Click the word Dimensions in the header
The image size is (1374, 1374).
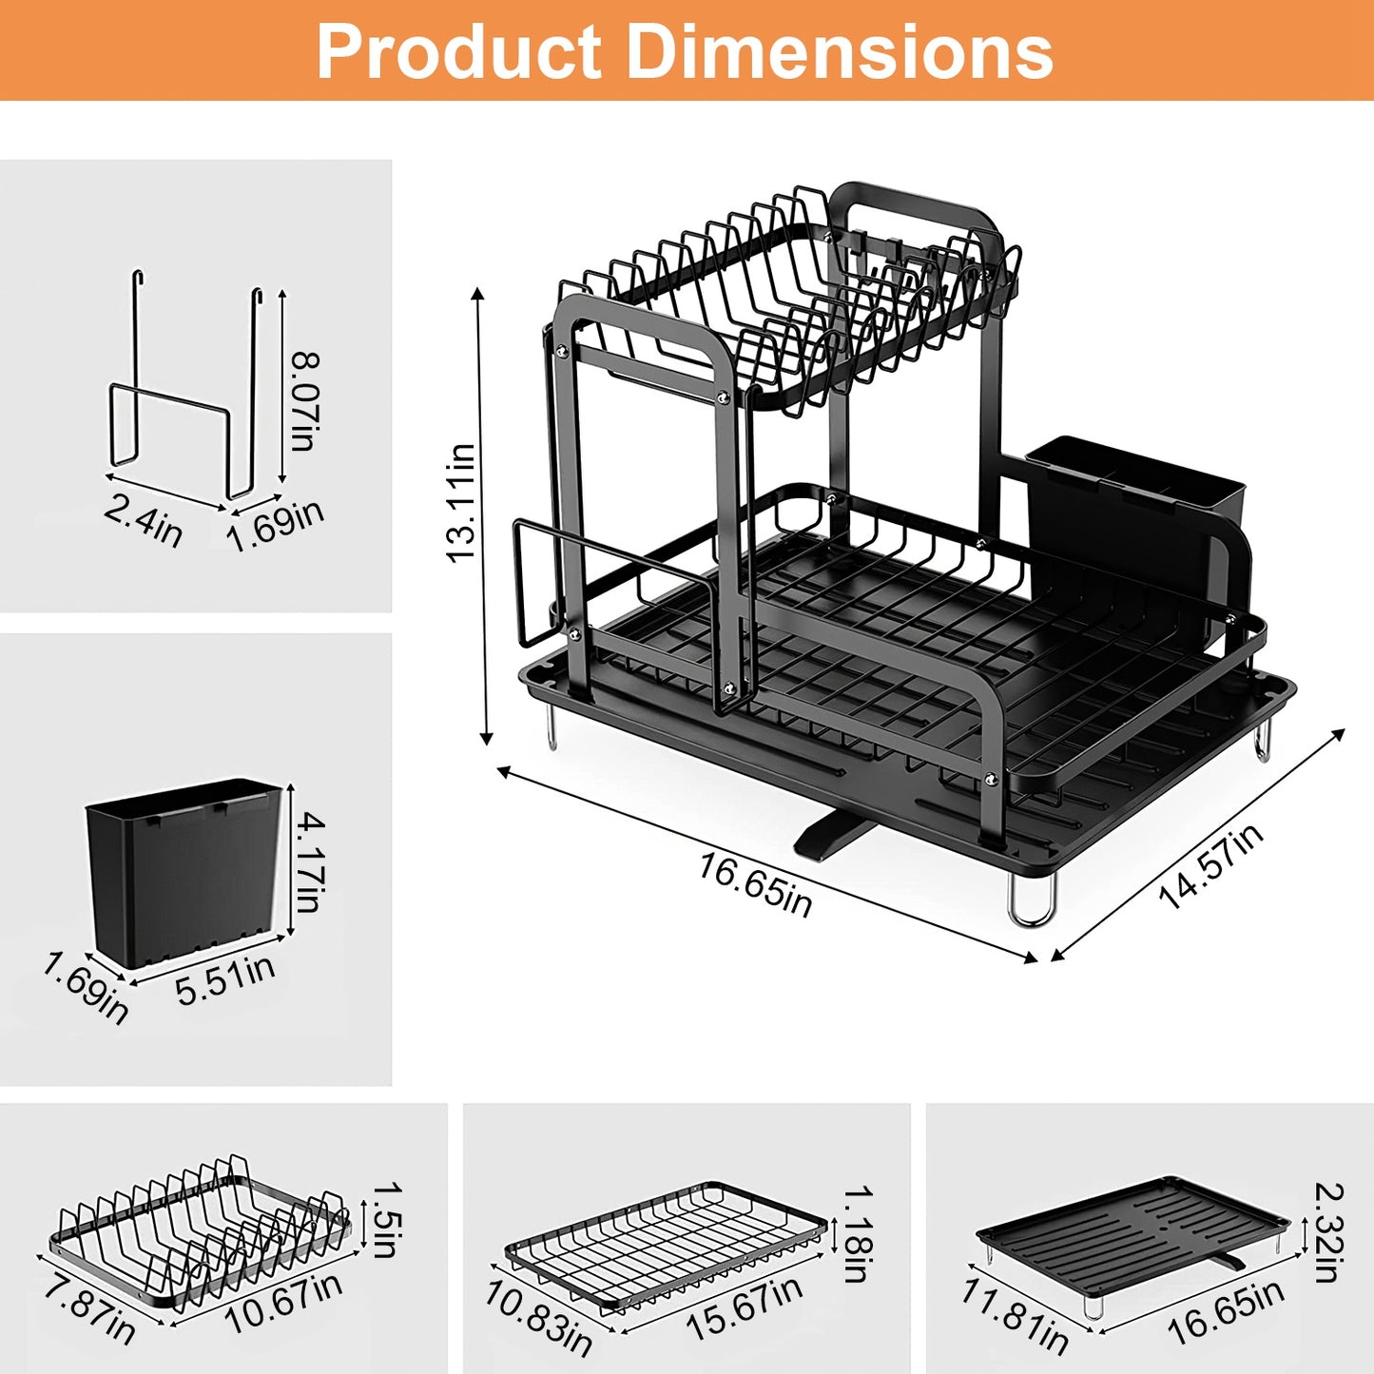(840, 51)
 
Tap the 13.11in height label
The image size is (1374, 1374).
(461, 503)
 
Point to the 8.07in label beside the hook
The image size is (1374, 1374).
(305, 400)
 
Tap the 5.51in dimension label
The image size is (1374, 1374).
(225, 979)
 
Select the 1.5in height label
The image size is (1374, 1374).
(385, 1219)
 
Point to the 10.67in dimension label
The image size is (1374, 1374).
(282, 1303)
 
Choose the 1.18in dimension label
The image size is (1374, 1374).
(859, 1233)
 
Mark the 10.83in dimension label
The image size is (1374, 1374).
(538, 1318)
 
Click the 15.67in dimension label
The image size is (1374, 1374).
(744, 1307)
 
